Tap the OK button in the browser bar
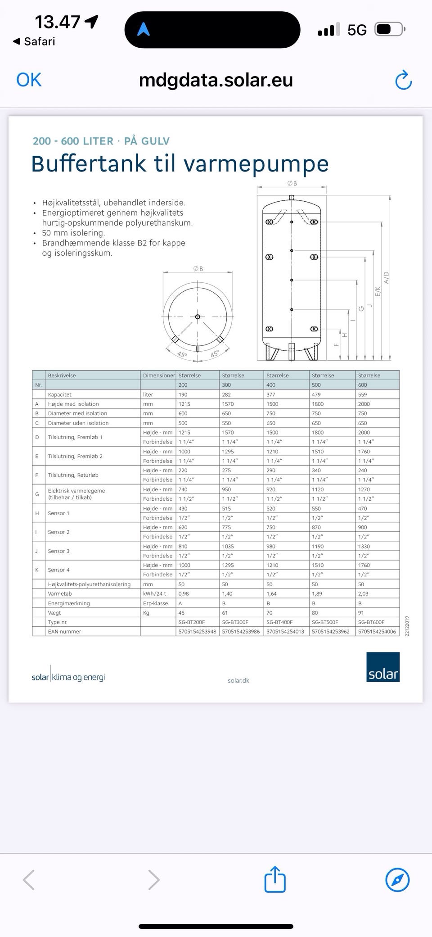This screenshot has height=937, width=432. point(29,80)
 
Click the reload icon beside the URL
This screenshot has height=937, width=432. point(403,81)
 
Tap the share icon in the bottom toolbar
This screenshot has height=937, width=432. point(275,879)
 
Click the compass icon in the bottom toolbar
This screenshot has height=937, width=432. point(397,879)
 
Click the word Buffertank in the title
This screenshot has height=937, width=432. point(89,163)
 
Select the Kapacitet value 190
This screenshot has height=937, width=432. point(183,394)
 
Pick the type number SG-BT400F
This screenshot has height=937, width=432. point(279,622)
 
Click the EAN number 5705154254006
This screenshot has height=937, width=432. point(377,632)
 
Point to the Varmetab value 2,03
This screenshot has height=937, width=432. point(363,594)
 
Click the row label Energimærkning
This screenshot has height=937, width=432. point(69,603)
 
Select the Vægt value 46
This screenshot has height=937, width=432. point(181,613)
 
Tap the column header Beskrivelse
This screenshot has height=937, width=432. point(62,376)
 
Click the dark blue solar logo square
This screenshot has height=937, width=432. point(383,667)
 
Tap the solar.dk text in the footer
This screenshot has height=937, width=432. point(238,680)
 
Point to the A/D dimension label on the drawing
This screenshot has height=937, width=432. point(386,278)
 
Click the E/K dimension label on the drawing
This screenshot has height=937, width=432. point(378,291)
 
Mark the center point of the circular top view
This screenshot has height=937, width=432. point(198,317)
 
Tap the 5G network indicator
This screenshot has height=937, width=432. point(357,30)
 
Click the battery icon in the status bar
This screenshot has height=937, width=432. point(390,30)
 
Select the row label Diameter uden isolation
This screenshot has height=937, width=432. point(78,423)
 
